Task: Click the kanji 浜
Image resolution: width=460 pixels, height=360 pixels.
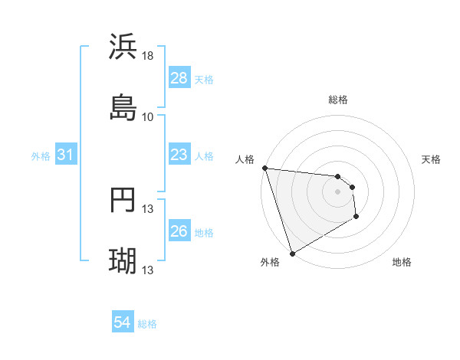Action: [x=123, y=47]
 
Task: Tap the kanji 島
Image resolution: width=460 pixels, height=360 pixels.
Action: [x=123, y=107]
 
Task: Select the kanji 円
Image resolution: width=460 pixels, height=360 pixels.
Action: [x=123, y=200]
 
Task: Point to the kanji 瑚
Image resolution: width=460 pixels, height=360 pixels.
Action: [x=123, y=261]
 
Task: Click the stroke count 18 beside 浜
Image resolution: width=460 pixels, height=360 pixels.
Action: [x=148, y=56]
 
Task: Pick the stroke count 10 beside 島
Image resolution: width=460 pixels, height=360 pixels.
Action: [x=148, y=116]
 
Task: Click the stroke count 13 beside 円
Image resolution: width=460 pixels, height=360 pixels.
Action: [x=148, y=209]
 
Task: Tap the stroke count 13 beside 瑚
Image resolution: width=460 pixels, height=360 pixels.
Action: [x=148, y=270]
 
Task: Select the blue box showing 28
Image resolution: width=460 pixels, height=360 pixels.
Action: [x=179, y=78]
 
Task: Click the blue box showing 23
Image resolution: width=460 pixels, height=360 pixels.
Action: [x=179, y=155]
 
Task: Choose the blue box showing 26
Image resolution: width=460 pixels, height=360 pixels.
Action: [x=179, y=231]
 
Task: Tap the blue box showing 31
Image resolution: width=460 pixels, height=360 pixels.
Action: [x=66, y=155]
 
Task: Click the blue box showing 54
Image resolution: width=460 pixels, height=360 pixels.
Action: [x=123, y=323]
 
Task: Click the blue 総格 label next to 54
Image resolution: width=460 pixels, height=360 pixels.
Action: [x=147, y=324]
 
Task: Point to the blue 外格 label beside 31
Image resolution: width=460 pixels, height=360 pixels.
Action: [x=41, y=155]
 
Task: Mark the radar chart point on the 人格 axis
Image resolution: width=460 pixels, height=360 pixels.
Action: [x=264, y=168]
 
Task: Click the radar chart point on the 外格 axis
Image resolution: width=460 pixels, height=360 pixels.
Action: [x=292, y=253]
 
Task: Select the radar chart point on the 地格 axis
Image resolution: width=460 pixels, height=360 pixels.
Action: [x=356, y=218]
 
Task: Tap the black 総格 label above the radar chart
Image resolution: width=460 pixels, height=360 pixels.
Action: [x=337, y=100]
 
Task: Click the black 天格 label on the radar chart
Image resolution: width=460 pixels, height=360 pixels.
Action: [x=432, y=159]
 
